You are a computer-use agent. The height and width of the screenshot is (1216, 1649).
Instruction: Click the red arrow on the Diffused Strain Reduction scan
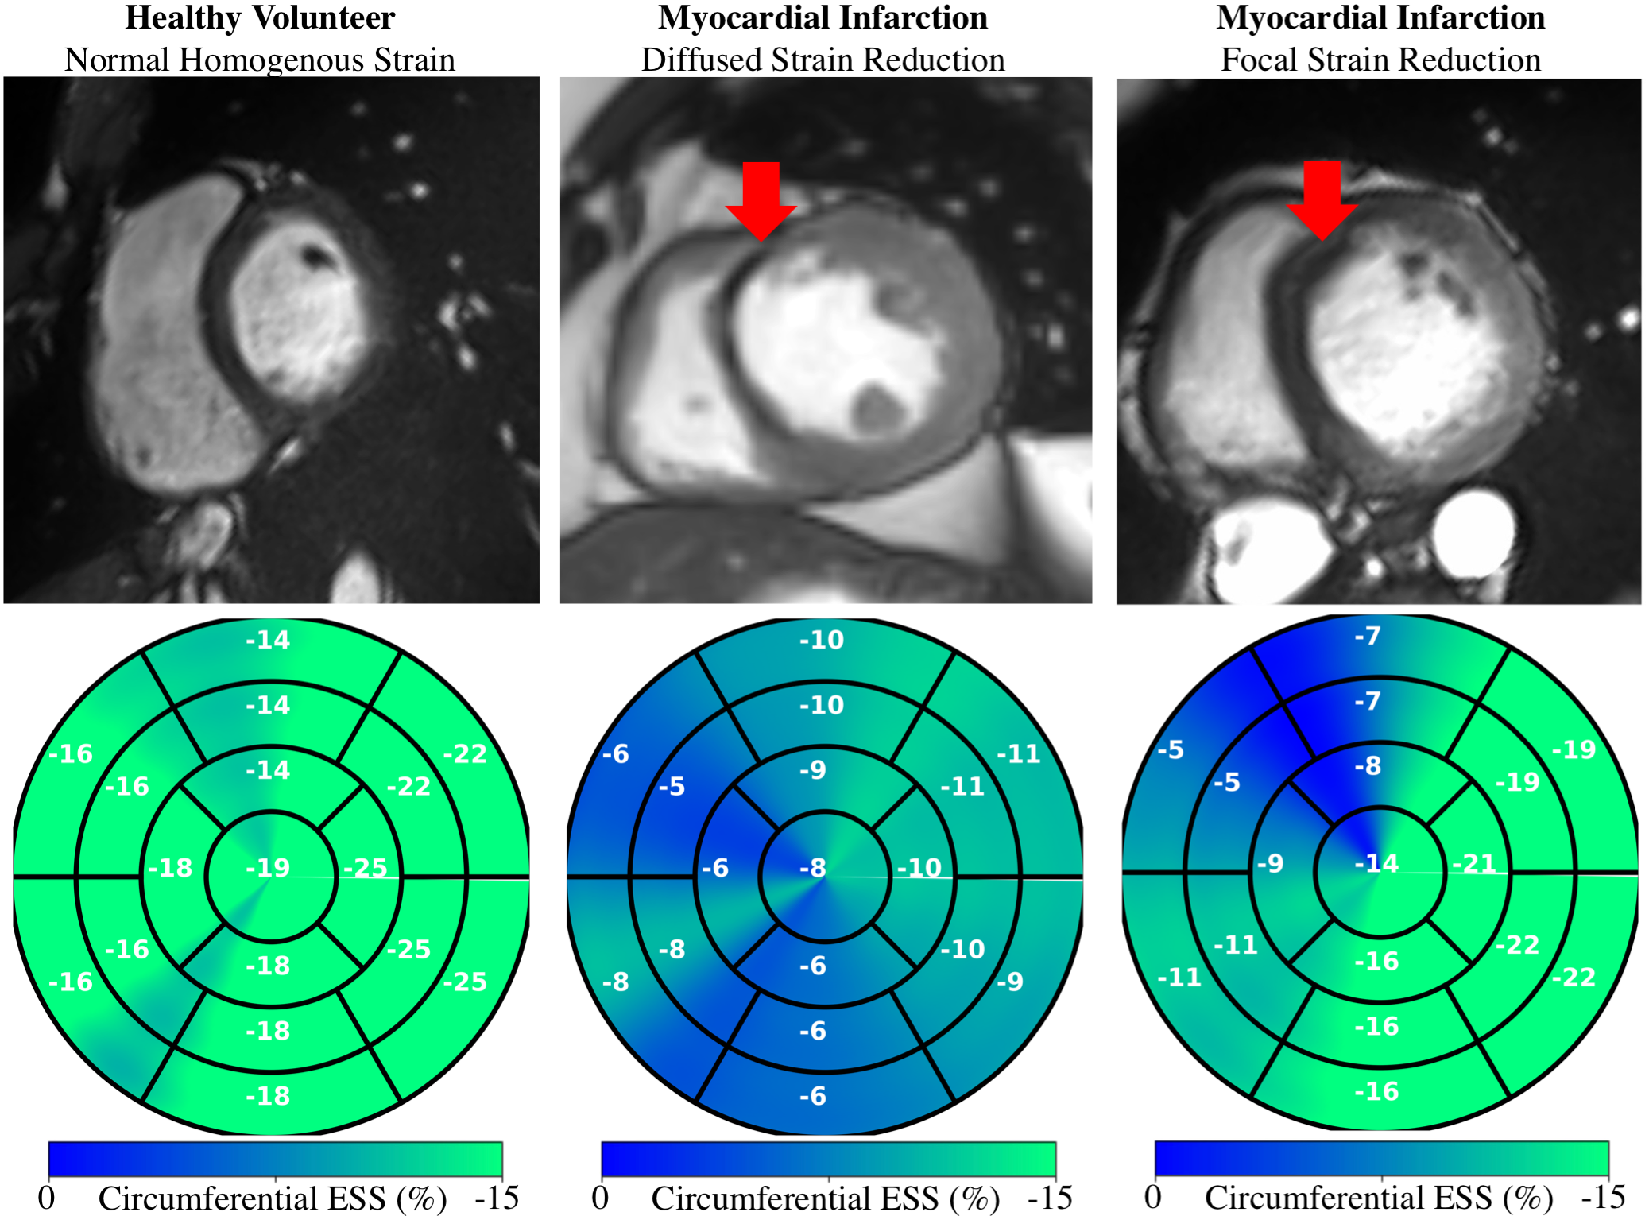tap(761, 199)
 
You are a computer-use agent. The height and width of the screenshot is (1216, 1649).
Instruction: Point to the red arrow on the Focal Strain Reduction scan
tap(1322, 199)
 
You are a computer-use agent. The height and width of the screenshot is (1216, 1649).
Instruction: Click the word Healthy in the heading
tap(183, 17)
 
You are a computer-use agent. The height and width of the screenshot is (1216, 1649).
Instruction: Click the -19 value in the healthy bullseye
tap(268, 867)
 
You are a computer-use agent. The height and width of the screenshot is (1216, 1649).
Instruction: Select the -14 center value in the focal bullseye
tap(1376, 863)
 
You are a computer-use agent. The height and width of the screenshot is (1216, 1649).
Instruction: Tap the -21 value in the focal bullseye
tap(1474, 863)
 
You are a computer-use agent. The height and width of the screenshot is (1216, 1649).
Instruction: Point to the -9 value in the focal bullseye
tap(1271, 863)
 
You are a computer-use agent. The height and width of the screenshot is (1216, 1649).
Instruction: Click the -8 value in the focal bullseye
tap(1368, 766)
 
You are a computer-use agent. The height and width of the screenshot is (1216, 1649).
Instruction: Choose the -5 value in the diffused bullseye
tap(672, 787)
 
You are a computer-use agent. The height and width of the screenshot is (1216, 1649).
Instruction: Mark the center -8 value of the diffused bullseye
tap(813, 867)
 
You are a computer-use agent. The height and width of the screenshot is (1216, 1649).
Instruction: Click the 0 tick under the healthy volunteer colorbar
tap(47, 1198)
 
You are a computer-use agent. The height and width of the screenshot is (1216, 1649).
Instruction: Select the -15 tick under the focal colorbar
tap(1603, 1197)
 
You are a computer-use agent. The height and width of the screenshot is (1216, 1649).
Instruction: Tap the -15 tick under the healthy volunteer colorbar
tap(497, 1198)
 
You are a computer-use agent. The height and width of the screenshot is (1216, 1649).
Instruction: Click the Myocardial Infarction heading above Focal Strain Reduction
tap(1380, 17)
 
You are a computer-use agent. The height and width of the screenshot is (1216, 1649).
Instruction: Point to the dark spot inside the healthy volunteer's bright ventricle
tap(315, 255)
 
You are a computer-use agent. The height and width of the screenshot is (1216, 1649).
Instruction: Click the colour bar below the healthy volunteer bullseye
tap(275, 1159)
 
